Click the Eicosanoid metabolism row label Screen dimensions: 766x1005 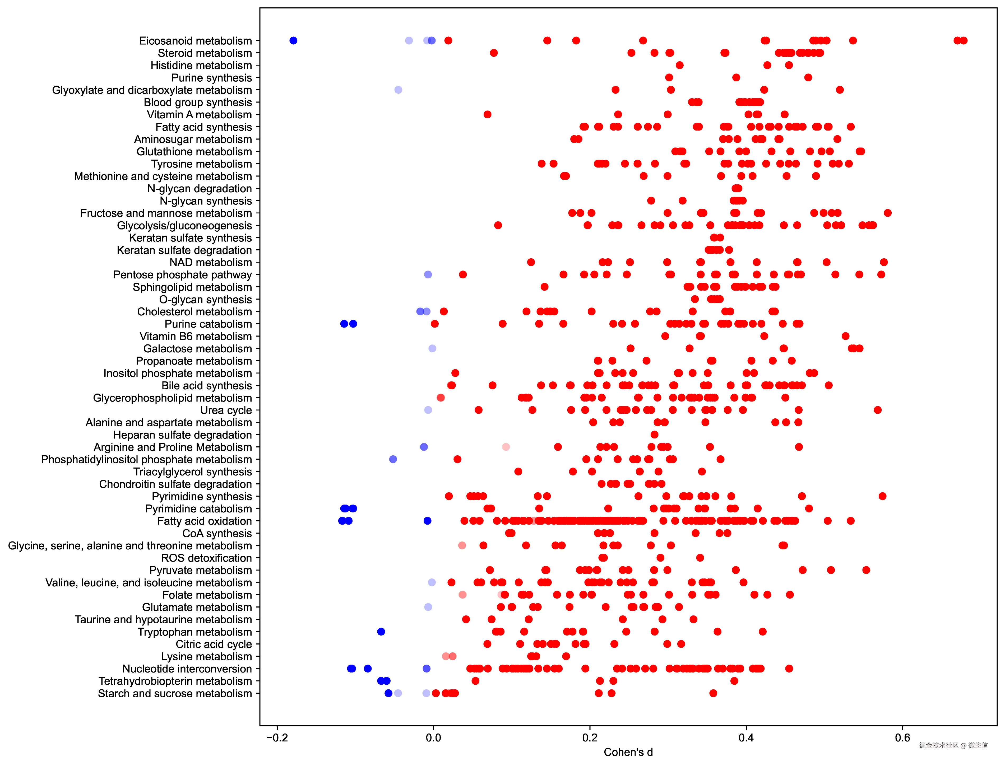point(195,41)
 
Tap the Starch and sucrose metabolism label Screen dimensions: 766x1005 point(175,694)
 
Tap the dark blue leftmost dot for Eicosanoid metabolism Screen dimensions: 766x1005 point(293,41)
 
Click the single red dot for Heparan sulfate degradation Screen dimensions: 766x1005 point(654,435)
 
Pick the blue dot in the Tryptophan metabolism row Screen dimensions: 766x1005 point(381,632)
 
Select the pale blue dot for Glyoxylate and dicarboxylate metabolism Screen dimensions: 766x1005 point(398,90)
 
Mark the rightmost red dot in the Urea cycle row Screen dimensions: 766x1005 point(877,410)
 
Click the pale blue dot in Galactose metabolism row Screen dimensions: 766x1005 point(433,348)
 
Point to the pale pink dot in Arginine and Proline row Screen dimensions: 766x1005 point(506,447)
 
